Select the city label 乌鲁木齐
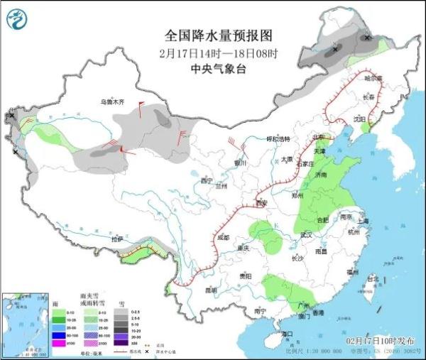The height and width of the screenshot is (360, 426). tap(111, 102)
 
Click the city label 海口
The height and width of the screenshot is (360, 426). tap(288, 333)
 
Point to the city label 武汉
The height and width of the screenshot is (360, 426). tap(307, 234)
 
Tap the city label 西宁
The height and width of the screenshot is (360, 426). tap(207, 181)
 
